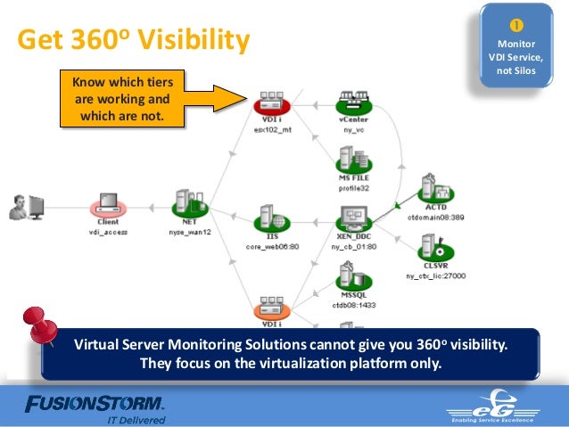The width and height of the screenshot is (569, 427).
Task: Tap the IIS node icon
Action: pyautogui.click(x=266, y=218)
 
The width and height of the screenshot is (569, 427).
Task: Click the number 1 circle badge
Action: pyautogui.click(x=515, y=23)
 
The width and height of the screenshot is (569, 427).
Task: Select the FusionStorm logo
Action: pyautogui.click(x=94, y=404)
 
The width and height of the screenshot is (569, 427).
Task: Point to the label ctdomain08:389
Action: pyautogui.click(x=435, y=217)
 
